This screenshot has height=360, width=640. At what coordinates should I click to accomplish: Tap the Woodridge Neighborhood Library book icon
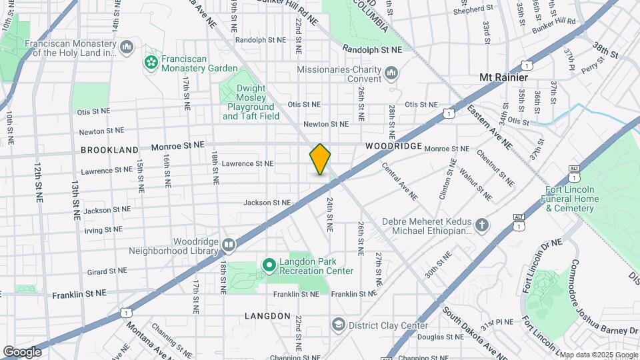229,245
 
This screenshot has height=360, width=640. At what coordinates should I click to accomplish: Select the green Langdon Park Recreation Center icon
269,266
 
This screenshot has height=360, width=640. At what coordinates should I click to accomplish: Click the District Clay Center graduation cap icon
339,325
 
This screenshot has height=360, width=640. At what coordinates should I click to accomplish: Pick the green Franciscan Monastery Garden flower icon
151,63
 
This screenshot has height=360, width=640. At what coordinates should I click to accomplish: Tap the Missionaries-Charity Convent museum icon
391,72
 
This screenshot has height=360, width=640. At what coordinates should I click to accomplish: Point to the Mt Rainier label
503,77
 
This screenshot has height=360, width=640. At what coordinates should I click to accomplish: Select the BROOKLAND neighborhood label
109,150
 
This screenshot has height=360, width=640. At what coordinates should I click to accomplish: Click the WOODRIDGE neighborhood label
393,146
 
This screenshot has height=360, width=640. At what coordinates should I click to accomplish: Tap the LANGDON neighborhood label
267,315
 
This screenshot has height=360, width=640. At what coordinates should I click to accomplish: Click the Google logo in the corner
22,351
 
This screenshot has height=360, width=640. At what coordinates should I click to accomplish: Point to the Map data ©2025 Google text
598,355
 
